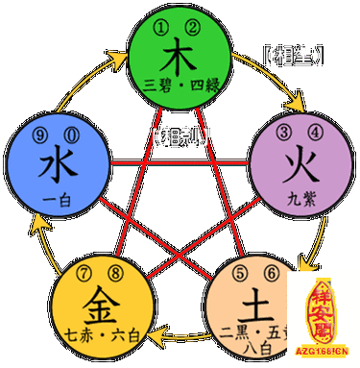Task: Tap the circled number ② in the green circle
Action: point(193,25)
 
